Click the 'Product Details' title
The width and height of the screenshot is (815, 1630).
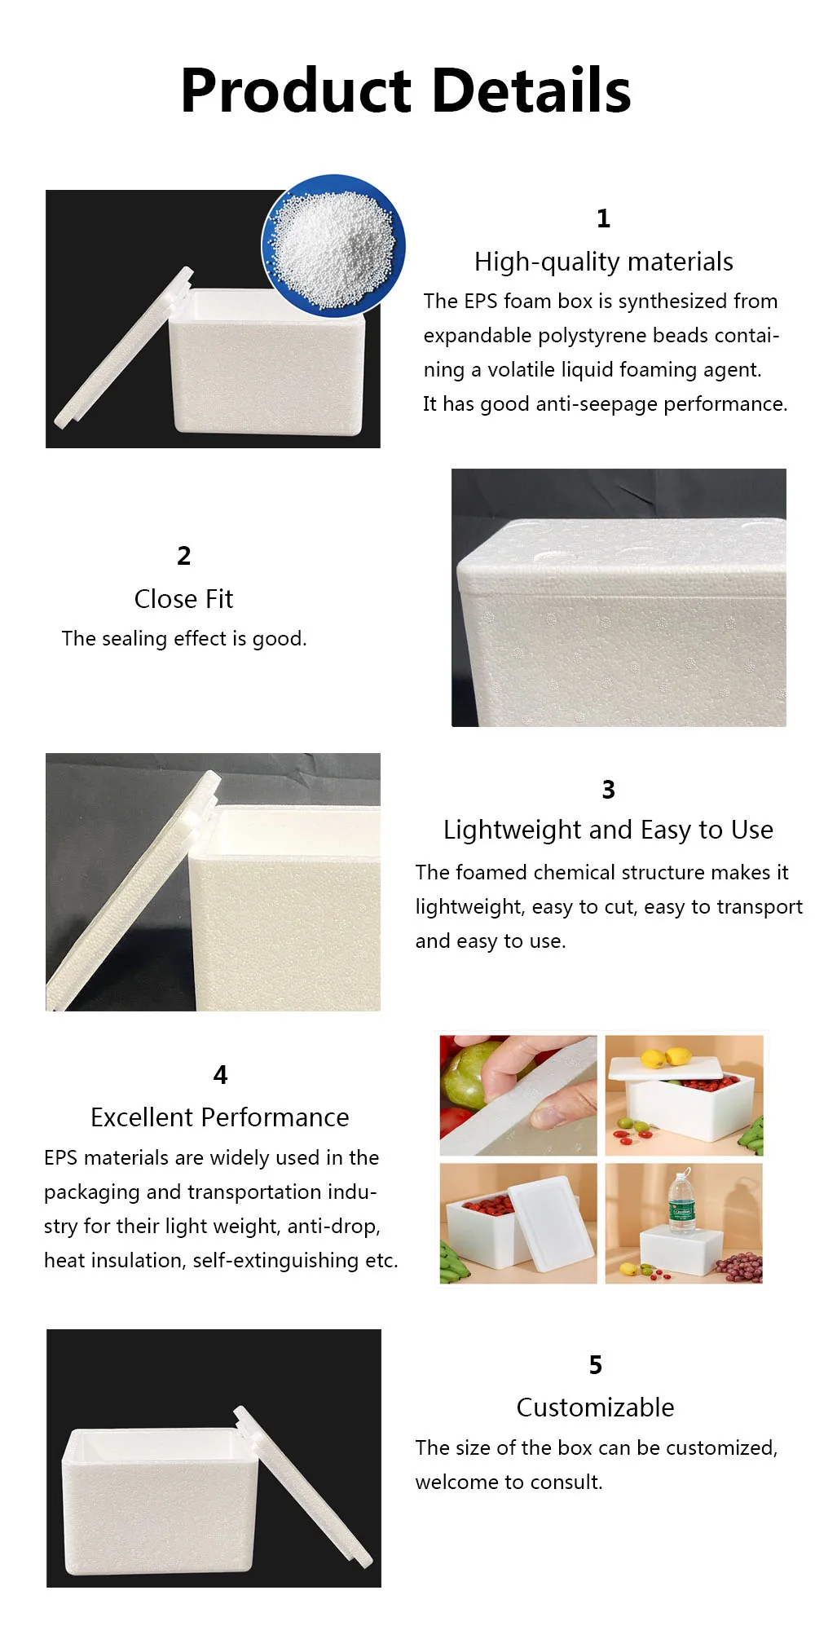tap(406, 90)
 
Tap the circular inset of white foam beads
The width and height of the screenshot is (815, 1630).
tap(333, 245)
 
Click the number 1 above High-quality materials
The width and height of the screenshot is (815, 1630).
tap(603, 218)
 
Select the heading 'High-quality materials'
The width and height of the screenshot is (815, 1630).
tap(603, 262)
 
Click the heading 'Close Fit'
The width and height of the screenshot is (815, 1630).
tap(183, 599)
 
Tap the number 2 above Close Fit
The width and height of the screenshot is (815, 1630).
tap(184, 556)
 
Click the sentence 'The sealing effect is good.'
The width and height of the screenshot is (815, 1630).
tap(184, 639)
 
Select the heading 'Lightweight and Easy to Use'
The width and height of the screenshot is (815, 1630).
tap(608, 830)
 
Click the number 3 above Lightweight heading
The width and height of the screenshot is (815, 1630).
tap(608, 789)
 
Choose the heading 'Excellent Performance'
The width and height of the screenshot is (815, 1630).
tap(220, 1117)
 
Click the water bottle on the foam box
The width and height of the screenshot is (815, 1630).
tap(681, 1201)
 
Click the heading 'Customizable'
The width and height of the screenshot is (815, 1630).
tap(595, 1408)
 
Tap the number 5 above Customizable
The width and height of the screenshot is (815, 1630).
tap(596, 1365)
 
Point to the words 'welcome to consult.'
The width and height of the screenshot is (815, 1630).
tap(509, 1482)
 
